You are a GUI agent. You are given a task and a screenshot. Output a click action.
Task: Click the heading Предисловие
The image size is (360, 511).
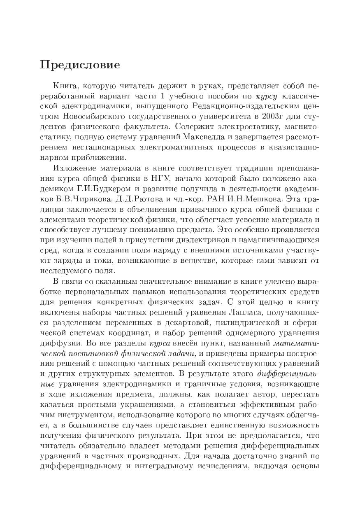tap(80, 65)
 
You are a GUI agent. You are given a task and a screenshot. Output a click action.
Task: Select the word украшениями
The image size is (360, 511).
tap(149, 404)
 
